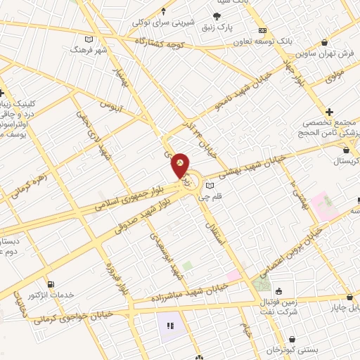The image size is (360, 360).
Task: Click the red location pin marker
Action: click(181, 165)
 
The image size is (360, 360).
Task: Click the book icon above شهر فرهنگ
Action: click(88, 39)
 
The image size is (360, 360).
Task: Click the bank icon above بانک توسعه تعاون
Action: click(262, 30)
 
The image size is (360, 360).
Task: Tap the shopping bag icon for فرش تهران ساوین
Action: click(323, 43)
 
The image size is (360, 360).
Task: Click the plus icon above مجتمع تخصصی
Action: click(329, 112)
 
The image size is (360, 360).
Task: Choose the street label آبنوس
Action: click(110, 108)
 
